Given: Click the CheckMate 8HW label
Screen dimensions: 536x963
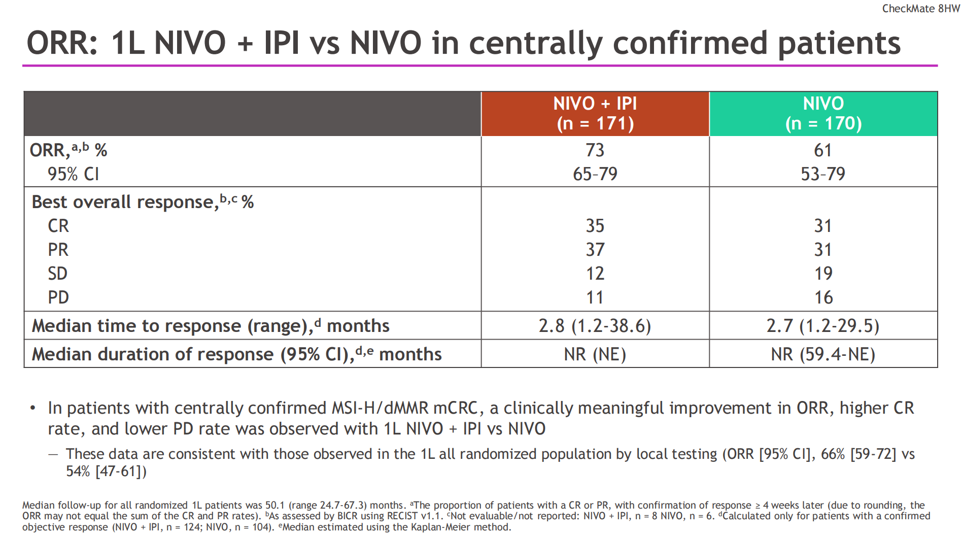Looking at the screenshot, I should [920, 9].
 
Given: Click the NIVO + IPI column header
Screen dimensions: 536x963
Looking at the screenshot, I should [595, 114].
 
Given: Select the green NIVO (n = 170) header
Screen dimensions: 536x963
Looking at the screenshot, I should [823, 114].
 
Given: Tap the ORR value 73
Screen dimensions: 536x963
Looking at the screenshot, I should [595, 150].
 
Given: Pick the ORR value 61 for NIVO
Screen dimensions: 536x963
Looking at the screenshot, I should [822, 150].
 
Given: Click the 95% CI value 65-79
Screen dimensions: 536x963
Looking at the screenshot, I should [595, 174].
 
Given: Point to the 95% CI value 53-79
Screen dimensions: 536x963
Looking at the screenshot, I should [822, 174].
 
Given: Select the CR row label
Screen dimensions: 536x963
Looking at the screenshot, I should [58, 226].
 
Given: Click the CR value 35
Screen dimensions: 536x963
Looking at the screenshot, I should [595, 226].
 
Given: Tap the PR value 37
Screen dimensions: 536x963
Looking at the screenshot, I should [595, 250].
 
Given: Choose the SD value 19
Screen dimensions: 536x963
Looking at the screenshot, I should [823, 274].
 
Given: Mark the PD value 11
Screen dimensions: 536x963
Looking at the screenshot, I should [595, 297].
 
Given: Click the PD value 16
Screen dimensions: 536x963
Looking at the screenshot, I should [823, 297].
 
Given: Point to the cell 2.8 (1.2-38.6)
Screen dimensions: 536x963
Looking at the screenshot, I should [595, 326].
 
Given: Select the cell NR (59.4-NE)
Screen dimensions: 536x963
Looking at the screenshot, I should [823, 354].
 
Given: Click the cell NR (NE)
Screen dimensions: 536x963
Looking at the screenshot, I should [595, 354].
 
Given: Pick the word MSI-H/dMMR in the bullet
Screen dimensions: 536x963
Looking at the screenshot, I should [379, 408].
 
